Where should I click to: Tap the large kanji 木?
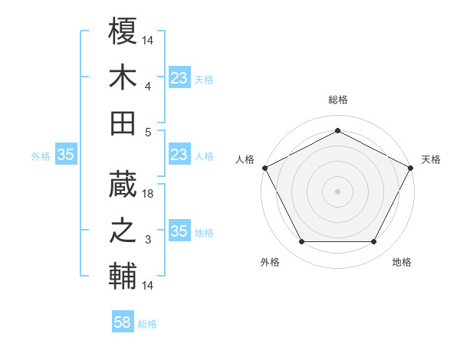coord(123,77)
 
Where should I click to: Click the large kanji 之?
coord(123,231)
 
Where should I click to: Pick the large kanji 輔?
coord(123,276)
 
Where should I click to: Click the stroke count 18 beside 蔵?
coord(149,195)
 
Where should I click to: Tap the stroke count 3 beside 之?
coord(149,241)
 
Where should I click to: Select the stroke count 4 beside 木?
coord(149,87)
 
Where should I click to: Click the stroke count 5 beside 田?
coord(149,133)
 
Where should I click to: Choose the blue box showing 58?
coord(123,322)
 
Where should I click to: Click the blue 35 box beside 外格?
coord(66,155)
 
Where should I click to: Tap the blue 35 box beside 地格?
coord(179,231)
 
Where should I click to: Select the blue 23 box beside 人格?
coord(179,155)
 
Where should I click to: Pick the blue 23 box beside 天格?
coord(179,77)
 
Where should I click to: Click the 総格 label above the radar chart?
coord(337,100)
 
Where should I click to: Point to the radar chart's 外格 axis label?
coord(270,262)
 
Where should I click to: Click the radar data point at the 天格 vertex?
coord(412,167)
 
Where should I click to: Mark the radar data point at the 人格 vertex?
coord(264,167)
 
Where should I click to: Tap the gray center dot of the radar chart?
coord(337,191)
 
